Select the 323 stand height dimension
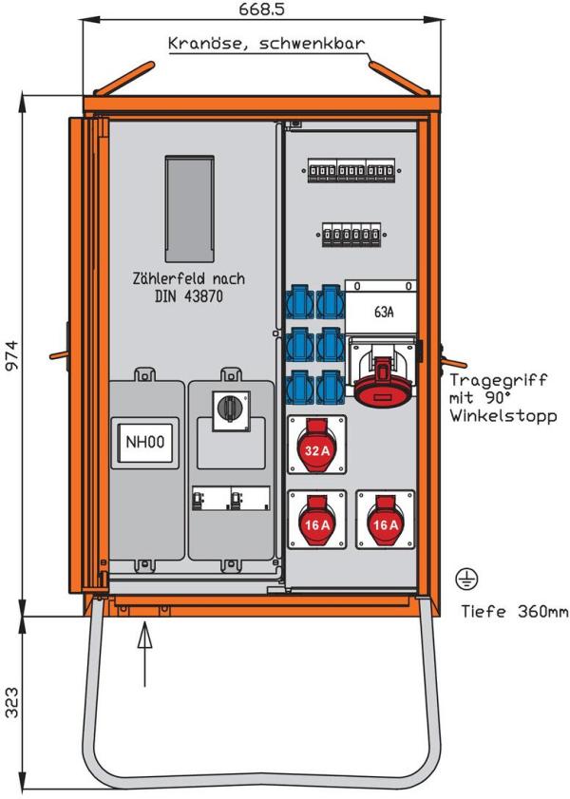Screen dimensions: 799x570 11,703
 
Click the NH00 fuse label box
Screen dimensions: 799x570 144,442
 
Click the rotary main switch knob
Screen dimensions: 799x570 231,409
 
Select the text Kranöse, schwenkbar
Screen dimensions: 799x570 266,44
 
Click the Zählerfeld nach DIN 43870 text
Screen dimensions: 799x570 188,287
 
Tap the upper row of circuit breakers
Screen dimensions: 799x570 350,171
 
